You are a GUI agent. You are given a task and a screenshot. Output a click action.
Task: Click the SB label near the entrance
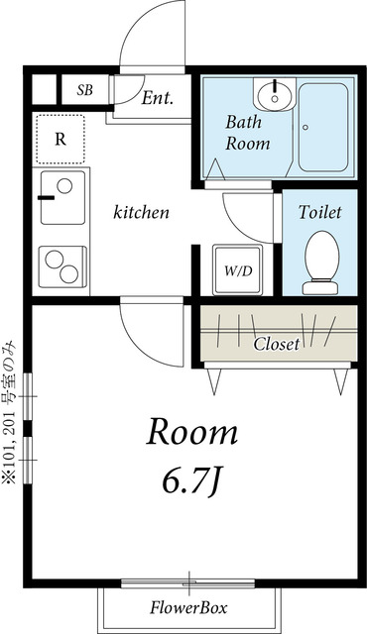[85, 90]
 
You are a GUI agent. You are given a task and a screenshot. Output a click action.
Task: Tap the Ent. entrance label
[158, 97]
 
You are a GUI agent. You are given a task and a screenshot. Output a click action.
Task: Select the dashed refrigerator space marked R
[61, 139]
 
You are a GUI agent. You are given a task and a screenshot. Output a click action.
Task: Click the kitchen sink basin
[62, 197]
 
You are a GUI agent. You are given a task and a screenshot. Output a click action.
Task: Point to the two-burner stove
[62, 266]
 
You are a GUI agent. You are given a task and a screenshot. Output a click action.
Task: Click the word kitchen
[141, 212]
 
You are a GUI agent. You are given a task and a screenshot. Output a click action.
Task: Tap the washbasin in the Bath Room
[275, 95]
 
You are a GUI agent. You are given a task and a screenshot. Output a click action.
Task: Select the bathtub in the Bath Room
[323, 128]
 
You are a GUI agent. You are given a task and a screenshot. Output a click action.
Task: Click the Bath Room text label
[247, 133]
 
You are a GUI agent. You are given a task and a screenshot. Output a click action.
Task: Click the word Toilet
[320, 212]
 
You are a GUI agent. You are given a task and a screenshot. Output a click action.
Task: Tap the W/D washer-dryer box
[238, 269]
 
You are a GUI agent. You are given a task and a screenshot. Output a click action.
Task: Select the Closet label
[277, 344]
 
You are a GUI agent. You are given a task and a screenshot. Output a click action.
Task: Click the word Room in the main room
[191, 432]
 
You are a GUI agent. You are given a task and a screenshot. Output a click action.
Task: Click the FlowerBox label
[188, 607]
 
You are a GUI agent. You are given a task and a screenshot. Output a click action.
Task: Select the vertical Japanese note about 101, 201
[9, 413]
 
